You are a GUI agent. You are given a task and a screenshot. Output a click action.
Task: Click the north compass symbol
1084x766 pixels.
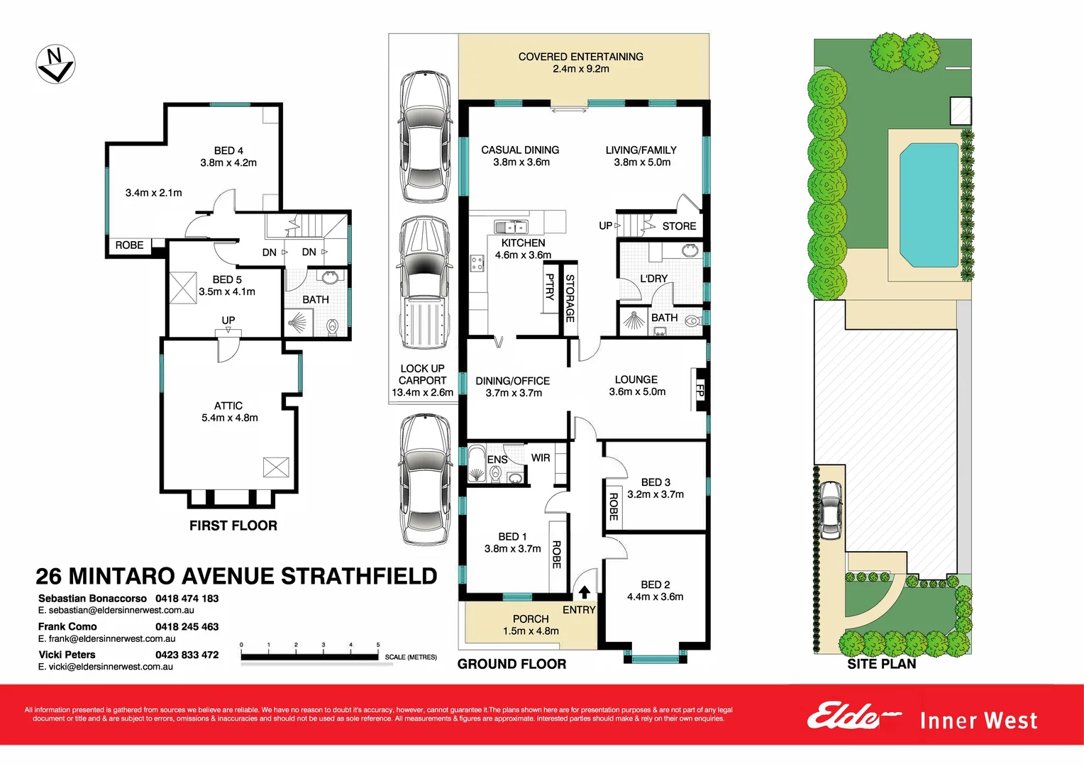click(x=55, y=65)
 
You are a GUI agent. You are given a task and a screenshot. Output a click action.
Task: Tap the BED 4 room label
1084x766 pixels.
click(x=228, y=150)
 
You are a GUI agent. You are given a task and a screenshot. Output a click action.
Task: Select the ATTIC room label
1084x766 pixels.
click(x=228, y=406)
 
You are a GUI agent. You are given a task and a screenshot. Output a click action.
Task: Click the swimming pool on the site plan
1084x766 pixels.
click(x=929, y=204)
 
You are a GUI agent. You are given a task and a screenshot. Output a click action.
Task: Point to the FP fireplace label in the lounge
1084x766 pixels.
click(x=699, y=389)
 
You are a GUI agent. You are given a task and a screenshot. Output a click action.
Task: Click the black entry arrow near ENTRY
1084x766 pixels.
click(x=585, y=592)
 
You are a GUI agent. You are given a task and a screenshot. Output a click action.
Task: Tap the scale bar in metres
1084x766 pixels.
click(x=309, y=657)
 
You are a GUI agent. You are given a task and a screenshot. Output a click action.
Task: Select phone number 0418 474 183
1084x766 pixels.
click(x=187, y=599)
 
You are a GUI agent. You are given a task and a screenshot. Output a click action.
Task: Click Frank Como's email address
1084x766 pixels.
click(x=106, y=638)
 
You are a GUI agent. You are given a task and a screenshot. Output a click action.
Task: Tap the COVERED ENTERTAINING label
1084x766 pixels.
click(x=580, y=57)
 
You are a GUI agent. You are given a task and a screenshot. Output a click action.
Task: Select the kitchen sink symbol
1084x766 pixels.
click(x=511, y=227)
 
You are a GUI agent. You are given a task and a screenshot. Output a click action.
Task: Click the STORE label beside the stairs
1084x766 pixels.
click(x=679, y=226)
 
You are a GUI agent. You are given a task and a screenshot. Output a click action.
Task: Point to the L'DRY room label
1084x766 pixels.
click(x=653, y=279)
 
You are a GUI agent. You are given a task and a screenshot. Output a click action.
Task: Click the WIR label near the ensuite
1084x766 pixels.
click(x=541, y=458)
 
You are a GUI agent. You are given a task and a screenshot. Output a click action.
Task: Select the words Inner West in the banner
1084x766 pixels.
click(x=978, y=721)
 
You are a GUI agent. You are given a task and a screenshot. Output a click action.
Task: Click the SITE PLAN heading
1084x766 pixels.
click(x=881, y=664)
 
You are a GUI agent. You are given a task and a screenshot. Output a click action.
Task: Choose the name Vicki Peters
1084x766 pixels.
click(x=67, y=655)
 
